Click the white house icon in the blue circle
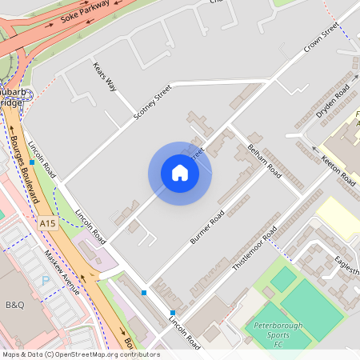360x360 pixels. click(x=180, y=173)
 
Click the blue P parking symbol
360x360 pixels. click(x=46, y=281)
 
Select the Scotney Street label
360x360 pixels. click(x=152, y=105)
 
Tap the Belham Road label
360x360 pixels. click(x=264, y=160)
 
